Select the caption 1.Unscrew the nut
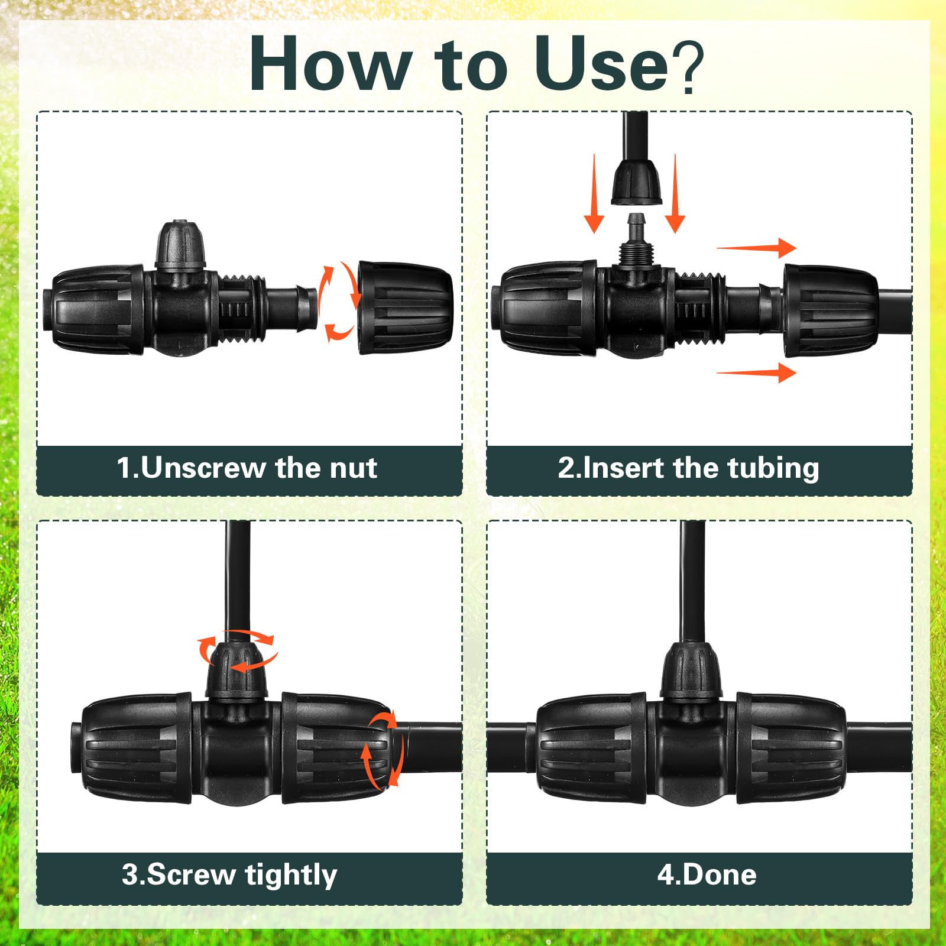[x=247, y=468]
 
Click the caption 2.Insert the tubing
[x=688, y=468]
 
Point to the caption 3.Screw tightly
[x=229, y=875]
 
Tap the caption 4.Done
[x=707, y=875]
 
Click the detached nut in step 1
[x=406, y=307]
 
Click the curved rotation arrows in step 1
[x=338, y=302]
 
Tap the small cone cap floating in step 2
[x=636, y=182]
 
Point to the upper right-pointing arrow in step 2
[x=756, y=248]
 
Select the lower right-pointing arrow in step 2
[x=756, y=372]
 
